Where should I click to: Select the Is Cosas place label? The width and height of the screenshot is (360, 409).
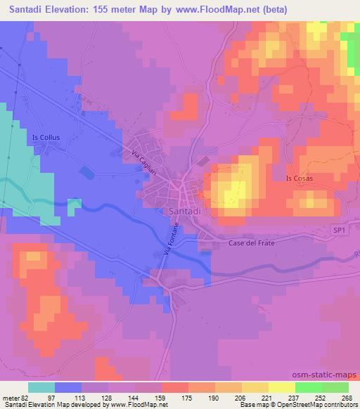tap(300, 178)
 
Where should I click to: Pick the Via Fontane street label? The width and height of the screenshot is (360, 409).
tap(168, 238)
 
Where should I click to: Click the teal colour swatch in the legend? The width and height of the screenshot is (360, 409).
tap(41, 387)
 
